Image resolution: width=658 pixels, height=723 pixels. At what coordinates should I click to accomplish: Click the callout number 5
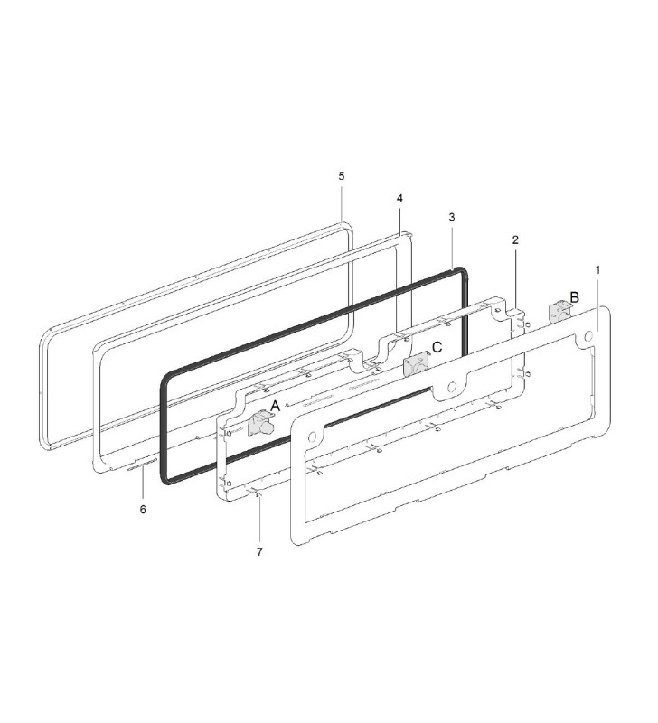(342, 175)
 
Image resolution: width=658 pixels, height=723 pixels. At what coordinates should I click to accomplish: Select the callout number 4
(399, 197)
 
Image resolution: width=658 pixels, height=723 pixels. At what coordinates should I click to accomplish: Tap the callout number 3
(451, 218)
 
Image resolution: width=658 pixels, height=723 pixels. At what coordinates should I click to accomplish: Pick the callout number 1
(597, 269)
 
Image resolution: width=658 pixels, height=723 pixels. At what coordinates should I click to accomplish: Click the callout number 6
(142, 509)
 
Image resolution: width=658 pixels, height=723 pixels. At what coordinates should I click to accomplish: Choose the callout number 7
(259, 550)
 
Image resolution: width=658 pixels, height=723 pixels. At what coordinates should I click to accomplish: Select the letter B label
(573, 296)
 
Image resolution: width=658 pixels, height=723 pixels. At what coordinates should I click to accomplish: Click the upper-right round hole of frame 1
(588, 336)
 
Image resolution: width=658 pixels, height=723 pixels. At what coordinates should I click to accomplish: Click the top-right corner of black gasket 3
(463, 270)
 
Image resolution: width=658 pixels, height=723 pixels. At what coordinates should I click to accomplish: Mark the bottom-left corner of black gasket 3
(166, 478)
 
